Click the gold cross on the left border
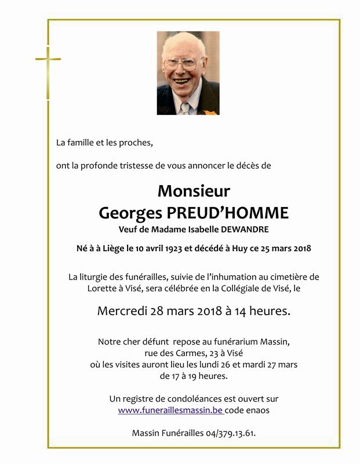(48, 60)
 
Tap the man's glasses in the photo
(181, 63)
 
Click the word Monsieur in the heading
(194, 191)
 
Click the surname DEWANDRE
(228, 230)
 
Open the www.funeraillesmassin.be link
(171, 410)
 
